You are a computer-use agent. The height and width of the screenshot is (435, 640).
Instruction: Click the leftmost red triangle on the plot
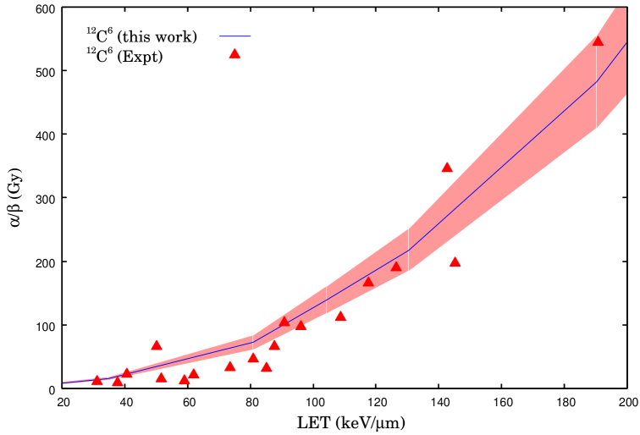point(97,380)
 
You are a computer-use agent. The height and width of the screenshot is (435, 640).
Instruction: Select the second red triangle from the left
point(118,382)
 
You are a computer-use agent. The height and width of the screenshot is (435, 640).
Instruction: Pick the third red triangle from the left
point(127,373)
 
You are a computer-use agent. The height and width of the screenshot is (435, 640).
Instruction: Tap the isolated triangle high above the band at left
point(157,344)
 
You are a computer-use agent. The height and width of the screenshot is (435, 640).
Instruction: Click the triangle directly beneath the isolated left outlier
point(161,377)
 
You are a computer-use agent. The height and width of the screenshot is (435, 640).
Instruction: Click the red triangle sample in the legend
point(234,53)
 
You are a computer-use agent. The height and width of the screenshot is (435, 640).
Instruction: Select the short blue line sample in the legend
point(235,36)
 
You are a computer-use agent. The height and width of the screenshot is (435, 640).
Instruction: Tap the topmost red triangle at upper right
point(598,41)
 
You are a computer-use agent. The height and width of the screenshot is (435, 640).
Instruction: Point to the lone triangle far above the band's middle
point(447,168)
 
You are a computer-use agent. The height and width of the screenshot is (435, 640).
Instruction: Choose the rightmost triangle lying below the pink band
point(455,262)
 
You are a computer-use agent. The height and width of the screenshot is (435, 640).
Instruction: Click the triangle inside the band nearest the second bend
point(396,267)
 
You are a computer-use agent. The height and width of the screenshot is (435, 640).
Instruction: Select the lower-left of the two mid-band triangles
point(368,282)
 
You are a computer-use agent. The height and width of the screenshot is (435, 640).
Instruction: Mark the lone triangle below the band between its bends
point(340,317)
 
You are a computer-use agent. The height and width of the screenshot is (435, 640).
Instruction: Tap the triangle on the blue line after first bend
point(284,322)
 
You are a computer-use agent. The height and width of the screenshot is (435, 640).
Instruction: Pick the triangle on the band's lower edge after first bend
point(301,325)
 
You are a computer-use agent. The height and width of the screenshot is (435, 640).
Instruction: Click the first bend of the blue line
point(253,342)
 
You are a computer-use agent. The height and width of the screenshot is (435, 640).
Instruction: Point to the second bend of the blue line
point(410,250)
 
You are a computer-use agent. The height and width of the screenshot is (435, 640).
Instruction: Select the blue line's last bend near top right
point(598,82)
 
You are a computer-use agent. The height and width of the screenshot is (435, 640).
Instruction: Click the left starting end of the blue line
point(63,383)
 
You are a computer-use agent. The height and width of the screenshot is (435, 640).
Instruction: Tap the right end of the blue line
point(626,42)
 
